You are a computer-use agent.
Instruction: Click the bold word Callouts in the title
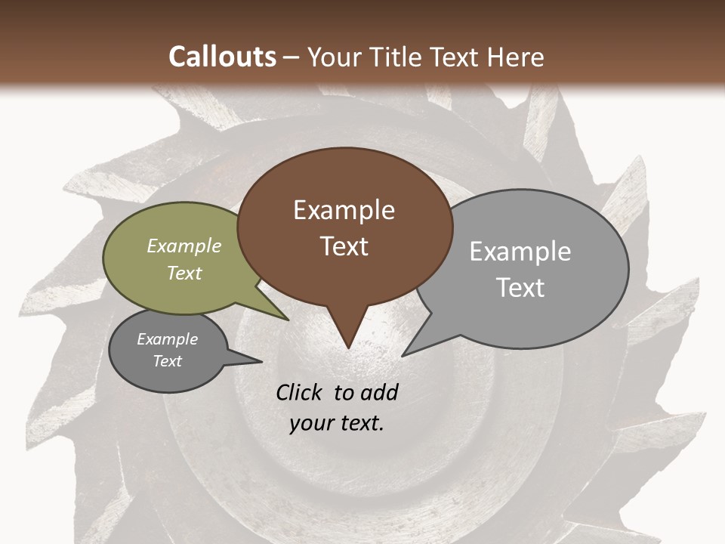point(222,57)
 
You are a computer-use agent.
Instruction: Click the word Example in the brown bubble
point(344,210)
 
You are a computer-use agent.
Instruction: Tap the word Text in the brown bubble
point(344,246)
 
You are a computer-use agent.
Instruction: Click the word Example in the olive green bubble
point(184,246)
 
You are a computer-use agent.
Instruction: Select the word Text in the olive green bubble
point(184,273)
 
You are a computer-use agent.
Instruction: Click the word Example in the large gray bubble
point(520,252)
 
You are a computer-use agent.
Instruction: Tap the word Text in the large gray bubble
point(520,288)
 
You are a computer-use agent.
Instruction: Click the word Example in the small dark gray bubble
point(167,339)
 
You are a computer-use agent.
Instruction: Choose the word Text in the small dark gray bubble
point(167,361)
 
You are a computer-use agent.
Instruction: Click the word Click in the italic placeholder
point(301,392)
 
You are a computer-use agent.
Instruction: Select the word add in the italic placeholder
point(378,392)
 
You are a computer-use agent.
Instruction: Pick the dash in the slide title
point(292,57)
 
